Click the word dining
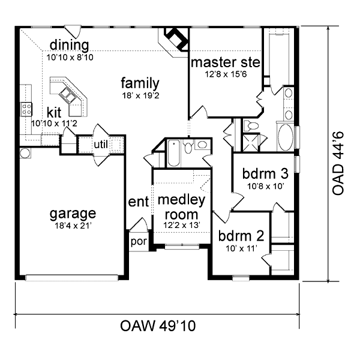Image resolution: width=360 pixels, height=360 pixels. pyautogui.click(x=70, y=45)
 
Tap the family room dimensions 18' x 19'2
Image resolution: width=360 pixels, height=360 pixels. pyautogui.click(x=140, y=95)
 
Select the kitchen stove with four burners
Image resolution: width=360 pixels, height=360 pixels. pyautogui.click(x=26, y=109)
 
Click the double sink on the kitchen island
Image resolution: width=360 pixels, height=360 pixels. pyautogui.click(x=67, y=95)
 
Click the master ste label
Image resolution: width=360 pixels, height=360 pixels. pyautogui.click(x=226, y=62)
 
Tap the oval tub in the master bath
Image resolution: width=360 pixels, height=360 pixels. pyautogui.click(x=286, y=137)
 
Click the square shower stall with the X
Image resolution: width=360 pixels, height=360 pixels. pyautogui.click(x=251, y=143)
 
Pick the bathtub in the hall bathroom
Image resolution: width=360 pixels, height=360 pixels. pyautogui.click(x=174, y=153)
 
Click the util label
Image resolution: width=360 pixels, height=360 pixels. pyautogui.click(x=101, y=145)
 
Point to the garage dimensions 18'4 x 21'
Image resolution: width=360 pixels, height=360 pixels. pyautogui.click(x=73, y=226)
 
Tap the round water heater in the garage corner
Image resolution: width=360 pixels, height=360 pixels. pyautogui.click(x=25, y=153)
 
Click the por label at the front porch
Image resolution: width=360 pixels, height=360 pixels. pyautogui.click(x=139, y=242)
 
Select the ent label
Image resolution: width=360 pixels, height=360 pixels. pyautogui.click(x=139, y=202)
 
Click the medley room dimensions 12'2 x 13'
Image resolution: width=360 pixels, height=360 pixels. pyautogui.click(x=181, y=225)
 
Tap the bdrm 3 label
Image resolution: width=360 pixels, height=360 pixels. pyautogui.click(x=265, y=174)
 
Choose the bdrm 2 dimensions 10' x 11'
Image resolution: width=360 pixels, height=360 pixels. pyautogui.click(x=241, y=248)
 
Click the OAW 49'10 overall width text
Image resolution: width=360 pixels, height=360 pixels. pyautogui.click(x=158, y=326)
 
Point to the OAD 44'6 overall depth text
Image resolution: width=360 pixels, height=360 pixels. pyautogui.click(x=338, y=163)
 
